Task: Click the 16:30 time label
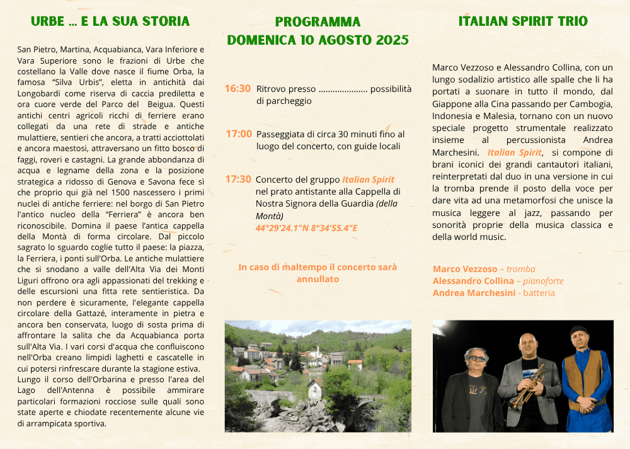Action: pyautogui.click(x=238, y=89)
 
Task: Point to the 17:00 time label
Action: pyautogui.click(x=239, y=134)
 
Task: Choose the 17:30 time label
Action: pyautogui.click(x=238, y=179)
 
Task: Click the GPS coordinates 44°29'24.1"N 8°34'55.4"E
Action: pyautogui.click(x=306, y=227)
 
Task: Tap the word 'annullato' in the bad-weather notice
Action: pyautogui.click(x=318, y=278)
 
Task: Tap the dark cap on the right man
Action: pyautogui.click(x=578, y=330)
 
